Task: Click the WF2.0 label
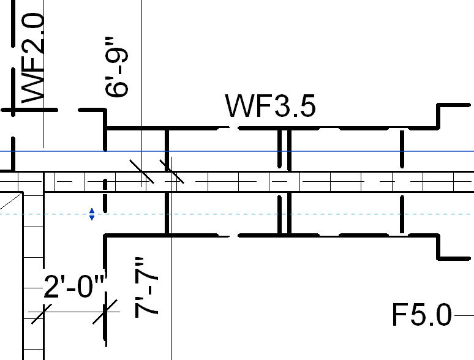pyautogui.click(x=34, y=58)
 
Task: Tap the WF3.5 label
pyautogui.click(x=271, y=106)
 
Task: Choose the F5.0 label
pyautogui.click(x=421, y=315)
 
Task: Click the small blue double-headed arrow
pyautogui.click(x=92, y=214)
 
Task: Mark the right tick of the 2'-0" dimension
pyautogui.click(x=105, y=313)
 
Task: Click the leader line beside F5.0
pyautogui.click(x=463, y=315)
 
